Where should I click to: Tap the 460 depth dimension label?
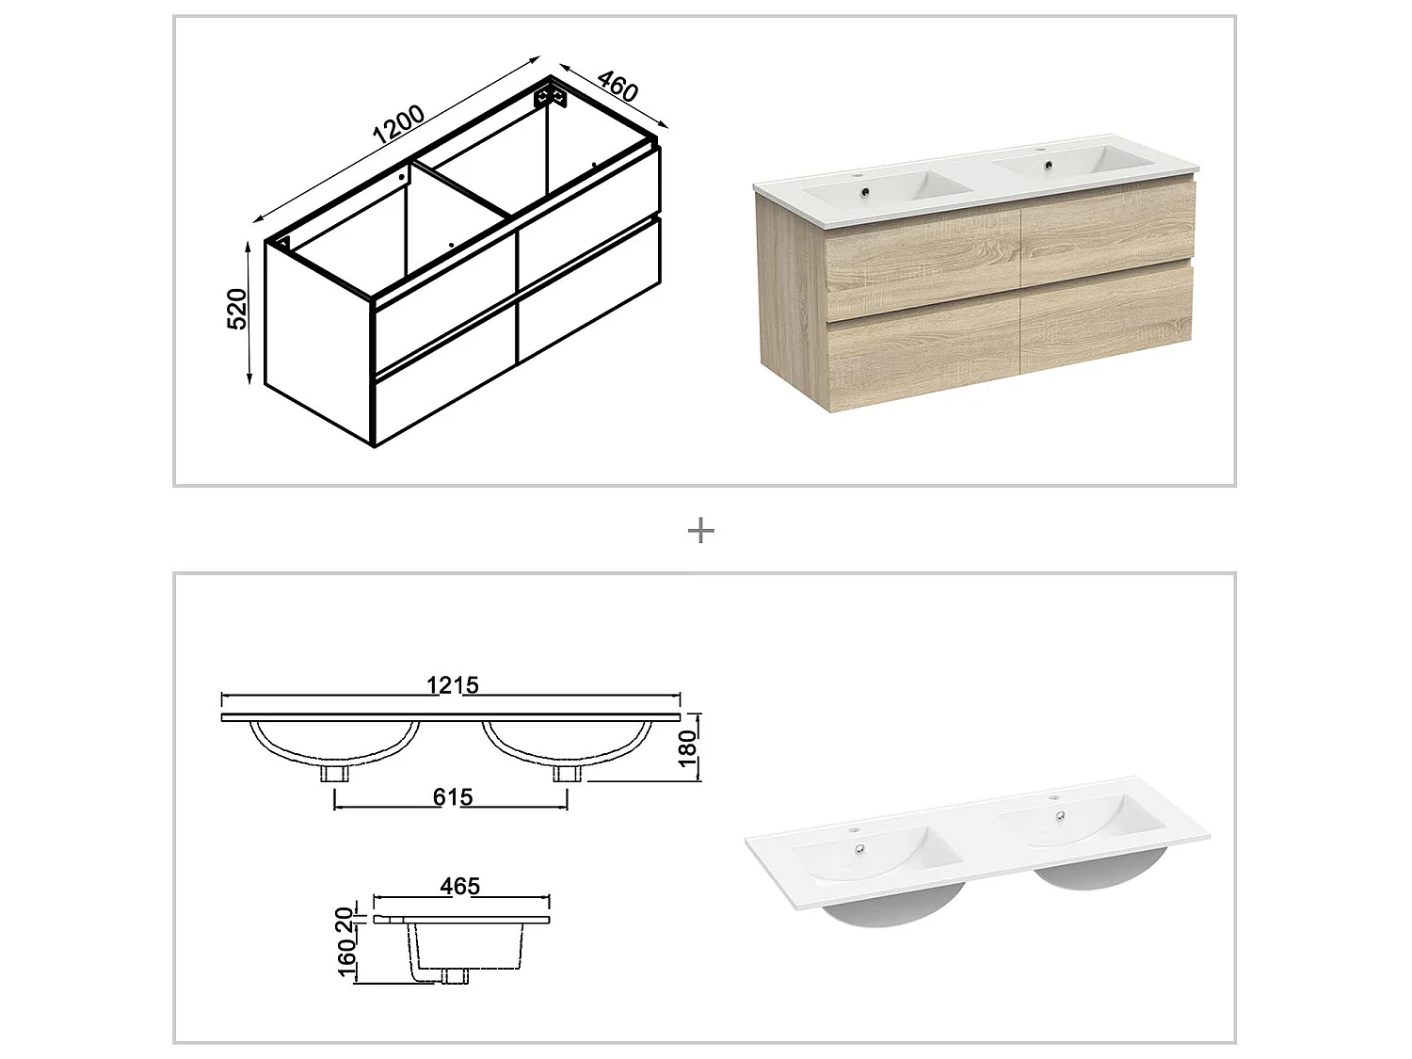pos(618,87)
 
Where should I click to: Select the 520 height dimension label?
pos(238,309)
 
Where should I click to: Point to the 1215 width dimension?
pos(453,685)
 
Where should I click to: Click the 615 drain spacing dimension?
pos(453,797)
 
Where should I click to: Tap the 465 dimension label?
pos(459,886)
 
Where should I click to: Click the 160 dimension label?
pos(346,962)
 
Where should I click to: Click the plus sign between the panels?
pos(701,531)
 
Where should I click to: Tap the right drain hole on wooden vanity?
pos(1045,168)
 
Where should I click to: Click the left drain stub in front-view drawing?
pos(335,774)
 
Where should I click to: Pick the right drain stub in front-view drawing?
pos(567,774)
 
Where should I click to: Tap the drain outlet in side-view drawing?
pos(456,976)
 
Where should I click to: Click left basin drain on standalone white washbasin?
pos(859,849)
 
